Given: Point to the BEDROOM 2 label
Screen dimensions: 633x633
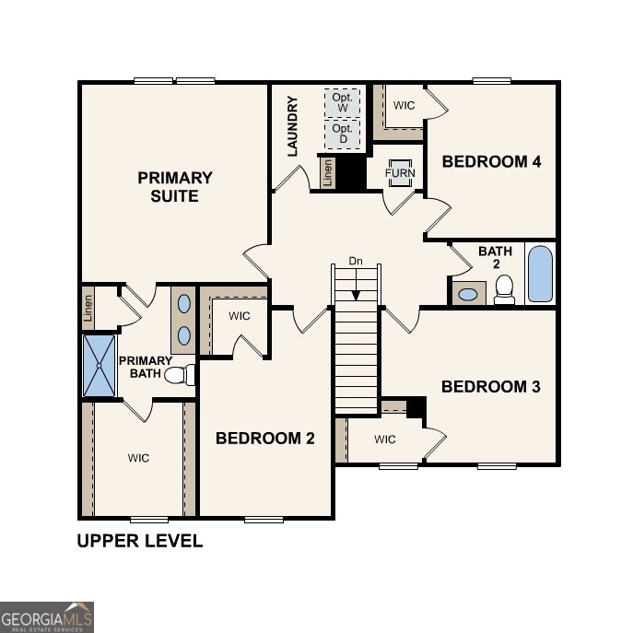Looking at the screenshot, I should (265, 439).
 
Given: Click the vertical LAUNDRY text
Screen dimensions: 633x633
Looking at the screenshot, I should (293, 126).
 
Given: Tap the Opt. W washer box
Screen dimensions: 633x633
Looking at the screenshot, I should (342, 102).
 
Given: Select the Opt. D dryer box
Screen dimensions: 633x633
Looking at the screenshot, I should (342, 135).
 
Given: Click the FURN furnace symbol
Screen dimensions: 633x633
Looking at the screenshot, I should (400, 173).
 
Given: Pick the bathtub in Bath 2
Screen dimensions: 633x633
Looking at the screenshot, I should (541, 274).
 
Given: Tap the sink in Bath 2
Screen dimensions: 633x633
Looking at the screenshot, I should (469, 295).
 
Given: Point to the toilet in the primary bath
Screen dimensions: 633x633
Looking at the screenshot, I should (186, 375).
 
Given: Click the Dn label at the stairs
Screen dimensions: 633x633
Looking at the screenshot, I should (357, 262).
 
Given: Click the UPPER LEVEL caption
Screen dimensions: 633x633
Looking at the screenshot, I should (139, 541).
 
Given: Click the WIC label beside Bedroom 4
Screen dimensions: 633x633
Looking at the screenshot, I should (404, 105).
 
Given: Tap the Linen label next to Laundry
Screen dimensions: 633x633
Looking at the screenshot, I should (327, 172).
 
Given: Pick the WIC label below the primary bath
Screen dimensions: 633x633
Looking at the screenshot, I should (139, 458).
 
